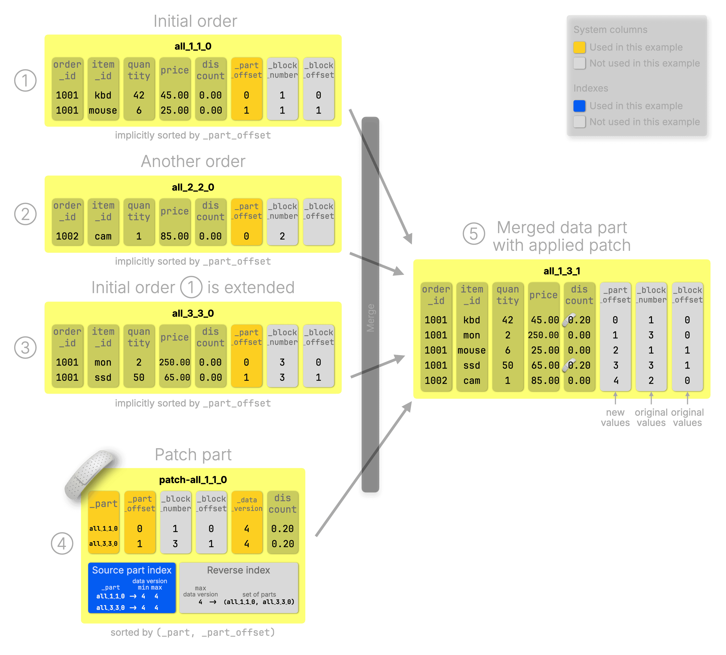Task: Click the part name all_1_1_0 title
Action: point(193,46)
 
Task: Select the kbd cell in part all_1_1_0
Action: point(103,95)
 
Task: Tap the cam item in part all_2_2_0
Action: point(103,236)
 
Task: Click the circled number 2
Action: point(25,214)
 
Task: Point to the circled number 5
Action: point(473,234)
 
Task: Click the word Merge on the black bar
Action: point(370,318)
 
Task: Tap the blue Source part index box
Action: point(132,587)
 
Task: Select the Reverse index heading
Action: point(238,570)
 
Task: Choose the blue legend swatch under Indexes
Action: point(579,106)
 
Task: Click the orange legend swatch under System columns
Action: point(579,47)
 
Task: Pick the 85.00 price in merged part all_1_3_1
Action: point(545,380)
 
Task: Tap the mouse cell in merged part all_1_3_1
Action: point(471,350)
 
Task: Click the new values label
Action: point(615,418)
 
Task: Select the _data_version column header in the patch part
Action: point(247,504)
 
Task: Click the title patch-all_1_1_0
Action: point(193,480)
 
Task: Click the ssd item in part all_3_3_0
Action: point(103,377)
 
